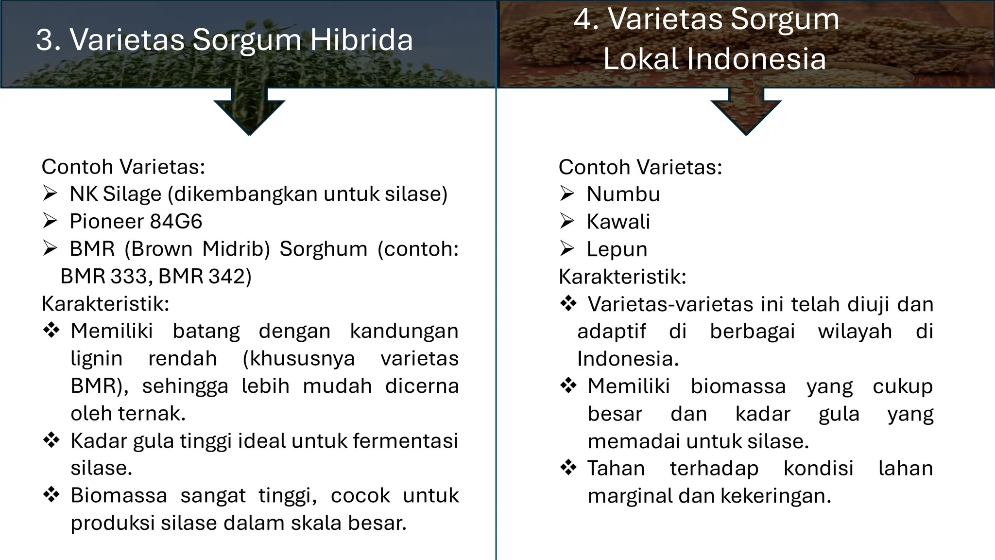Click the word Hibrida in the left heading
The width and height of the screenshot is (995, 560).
pos(361,40)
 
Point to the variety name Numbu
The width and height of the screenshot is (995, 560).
pos(623,194)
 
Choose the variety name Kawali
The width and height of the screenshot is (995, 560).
pos(618,222)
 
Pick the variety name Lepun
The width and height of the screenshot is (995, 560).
pos(617,249)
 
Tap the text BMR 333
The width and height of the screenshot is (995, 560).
pos(103,277)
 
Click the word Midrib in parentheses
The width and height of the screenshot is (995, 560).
pos(236,249)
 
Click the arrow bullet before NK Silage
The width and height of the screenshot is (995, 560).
pos(50,194)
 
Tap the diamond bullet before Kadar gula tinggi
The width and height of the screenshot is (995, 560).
pos(51,440)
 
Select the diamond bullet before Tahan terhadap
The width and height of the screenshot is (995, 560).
pos(568,468)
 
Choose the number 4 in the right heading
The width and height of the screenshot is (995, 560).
pos(583,19)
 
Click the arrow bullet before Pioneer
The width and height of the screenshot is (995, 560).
pos(50,221)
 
